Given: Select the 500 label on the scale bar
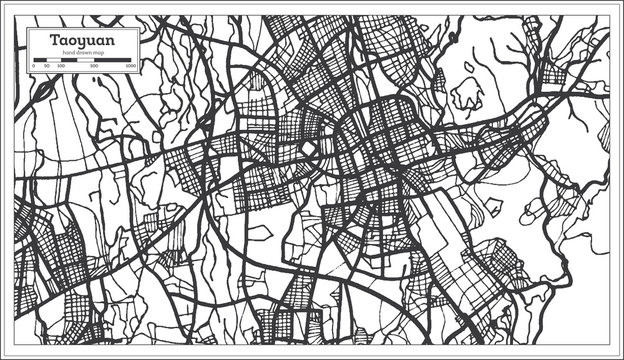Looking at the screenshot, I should (95, 66).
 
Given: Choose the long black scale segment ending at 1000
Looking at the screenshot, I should (114, 60).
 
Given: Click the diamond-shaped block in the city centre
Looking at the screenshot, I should (309, 151).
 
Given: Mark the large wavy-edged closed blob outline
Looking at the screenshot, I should (466, 93).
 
